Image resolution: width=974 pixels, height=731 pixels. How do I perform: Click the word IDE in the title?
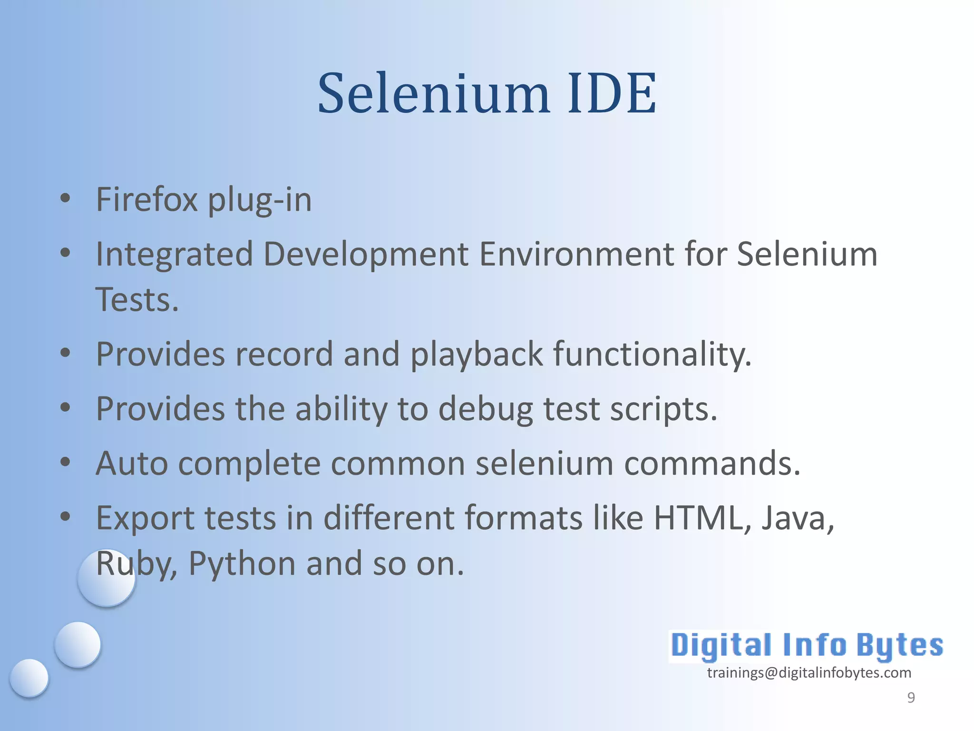[612, 93]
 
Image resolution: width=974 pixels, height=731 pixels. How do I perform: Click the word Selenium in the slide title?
[434, 93]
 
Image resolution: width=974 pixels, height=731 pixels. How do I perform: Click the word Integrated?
[174, 255]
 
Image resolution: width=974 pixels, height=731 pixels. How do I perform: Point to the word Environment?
[576, 254]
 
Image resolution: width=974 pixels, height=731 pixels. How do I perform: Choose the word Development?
[366, 255]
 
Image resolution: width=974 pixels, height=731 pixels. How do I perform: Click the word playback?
[477, 355]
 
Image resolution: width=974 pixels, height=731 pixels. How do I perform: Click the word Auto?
[132, 464]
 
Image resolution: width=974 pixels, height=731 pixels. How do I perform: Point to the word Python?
[243, 564]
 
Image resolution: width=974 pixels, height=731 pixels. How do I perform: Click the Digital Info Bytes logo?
[807, 646]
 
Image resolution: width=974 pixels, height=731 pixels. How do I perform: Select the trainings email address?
[809, 672]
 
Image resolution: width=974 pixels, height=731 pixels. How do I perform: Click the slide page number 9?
[911, 697]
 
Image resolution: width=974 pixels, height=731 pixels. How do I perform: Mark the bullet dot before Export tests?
[66, 516]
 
